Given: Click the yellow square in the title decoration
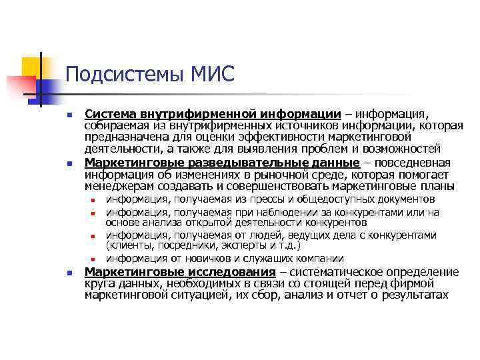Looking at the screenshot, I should tap(31, 67).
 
